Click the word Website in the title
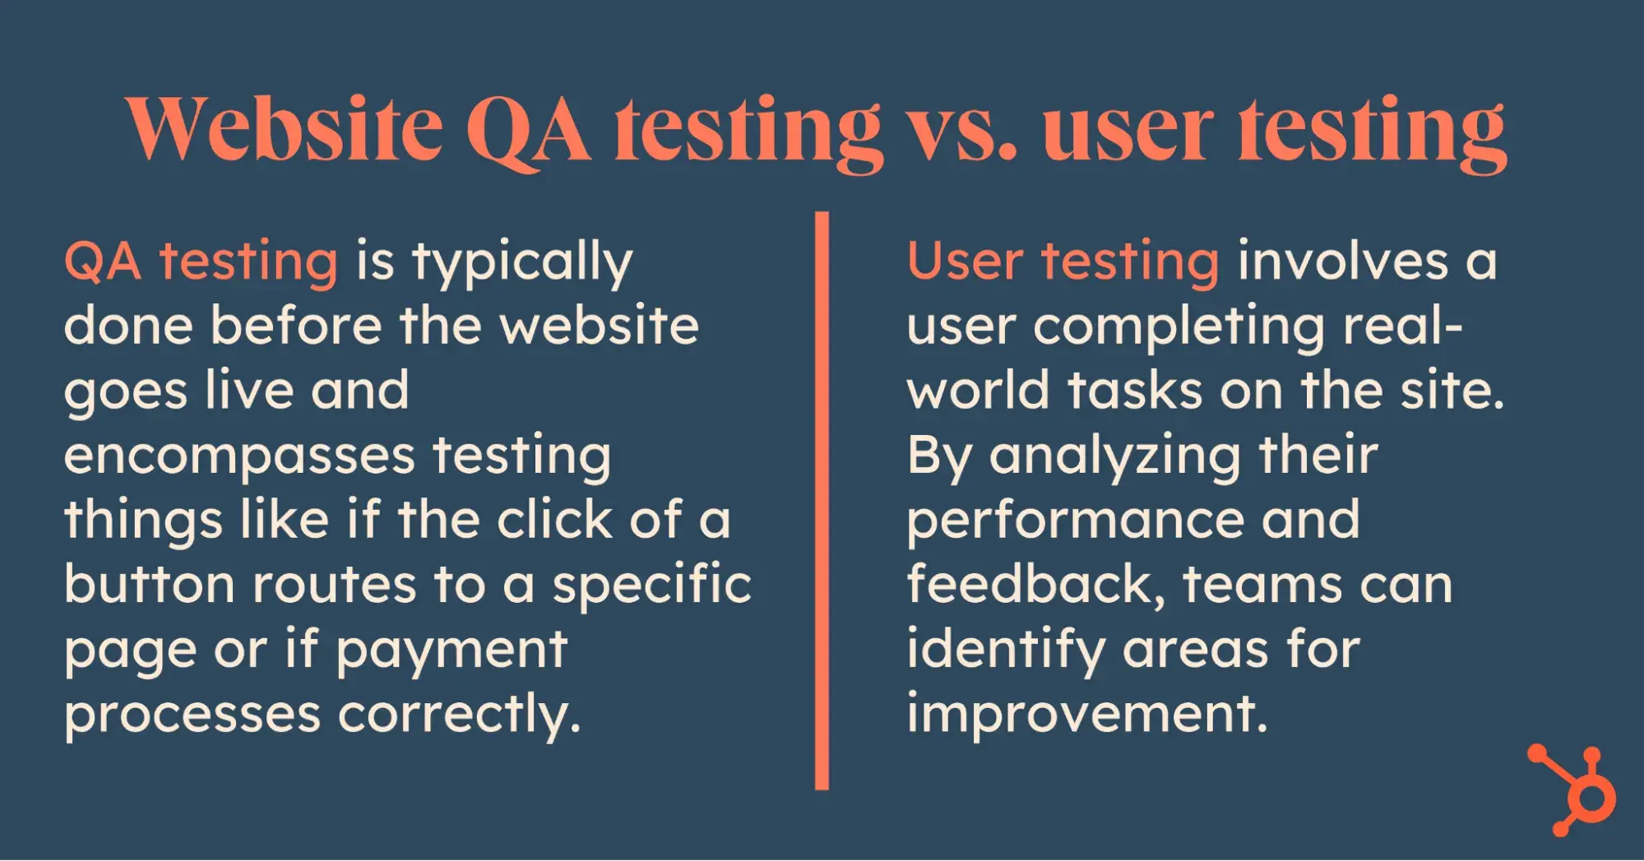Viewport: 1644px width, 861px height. [285, 129]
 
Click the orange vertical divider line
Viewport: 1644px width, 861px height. [822, 501]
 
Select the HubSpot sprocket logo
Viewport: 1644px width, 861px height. [1572, 789]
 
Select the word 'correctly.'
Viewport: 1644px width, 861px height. [459, 715]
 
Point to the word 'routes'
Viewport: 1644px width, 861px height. [334, 586]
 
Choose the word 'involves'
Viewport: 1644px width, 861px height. [1342, 262]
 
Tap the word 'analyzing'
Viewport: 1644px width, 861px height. [1114, 458]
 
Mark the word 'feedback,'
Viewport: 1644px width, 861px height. [1036, 586]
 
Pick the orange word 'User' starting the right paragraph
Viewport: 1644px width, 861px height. [965, 262]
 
